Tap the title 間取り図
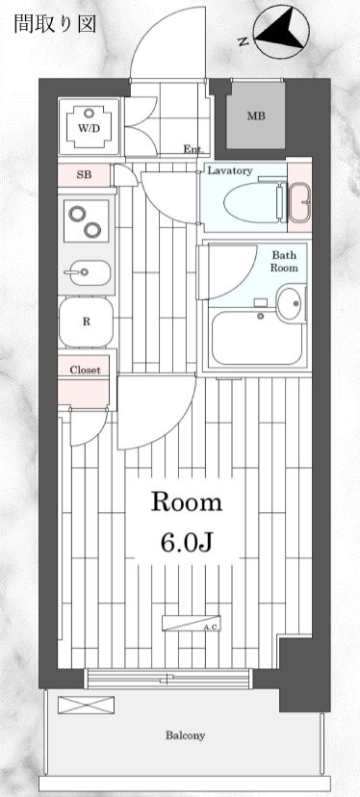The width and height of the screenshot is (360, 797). pyautogui.click(x=55, y=24)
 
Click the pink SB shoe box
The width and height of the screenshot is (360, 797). pyautogui.click(x=86, y=176)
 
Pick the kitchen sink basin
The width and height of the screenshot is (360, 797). pyautogui.click(x=86, y=273)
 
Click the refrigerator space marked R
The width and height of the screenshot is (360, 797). pyautogui.click(x=86, y=322)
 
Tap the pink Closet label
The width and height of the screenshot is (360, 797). pyautogui.click(x=86, y=369)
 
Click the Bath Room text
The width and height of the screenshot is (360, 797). pyautogui.click(x=284, y=262)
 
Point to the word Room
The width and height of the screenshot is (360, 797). pyautogui.click(x=185, y=501)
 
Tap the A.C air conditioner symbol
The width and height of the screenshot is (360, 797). pyautogui.click(x=192, y=622)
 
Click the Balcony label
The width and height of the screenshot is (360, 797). pyautogui.click(x=184, y=735)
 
